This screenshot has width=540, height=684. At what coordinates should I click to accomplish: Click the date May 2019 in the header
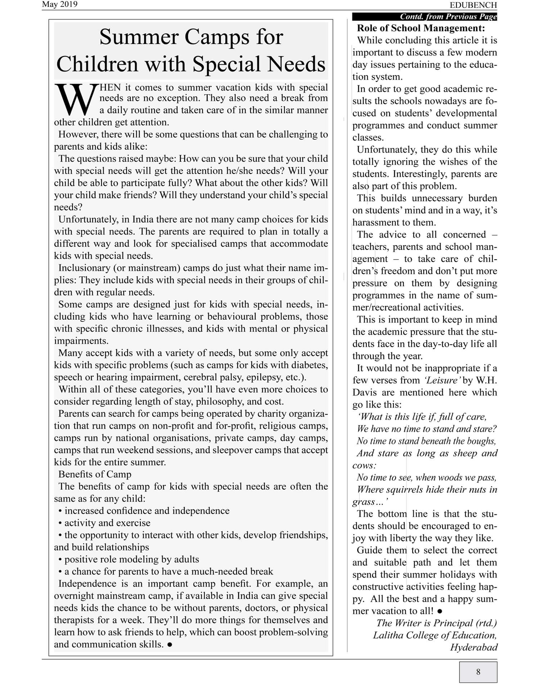point(59,4)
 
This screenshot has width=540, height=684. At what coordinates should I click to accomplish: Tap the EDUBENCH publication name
point(473,5)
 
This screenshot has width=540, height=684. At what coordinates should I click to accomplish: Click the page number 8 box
point(478,671)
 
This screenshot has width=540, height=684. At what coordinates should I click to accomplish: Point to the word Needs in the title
point(294,64)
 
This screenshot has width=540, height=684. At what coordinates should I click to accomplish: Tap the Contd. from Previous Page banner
point(448,17)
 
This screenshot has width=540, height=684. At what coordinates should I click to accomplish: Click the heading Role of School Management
point(421,28)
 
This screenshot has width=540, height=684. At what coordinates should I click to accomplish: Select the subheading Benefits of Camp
point(95,474)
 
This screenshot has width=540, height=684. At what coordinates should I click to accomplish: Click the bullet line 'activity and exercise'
point(107,523)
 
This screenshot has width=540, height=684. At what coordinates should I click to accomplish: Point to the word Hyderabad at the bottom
point(474,647)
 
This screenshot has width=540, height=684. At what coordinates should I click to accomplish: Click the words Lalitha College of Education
point(435,635)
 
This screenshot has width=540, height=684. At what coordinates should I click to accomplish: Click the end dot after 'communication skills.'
point(170,644)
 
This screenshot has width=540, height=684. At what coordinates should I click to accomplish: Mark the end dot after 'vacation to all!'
point(440,611)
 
